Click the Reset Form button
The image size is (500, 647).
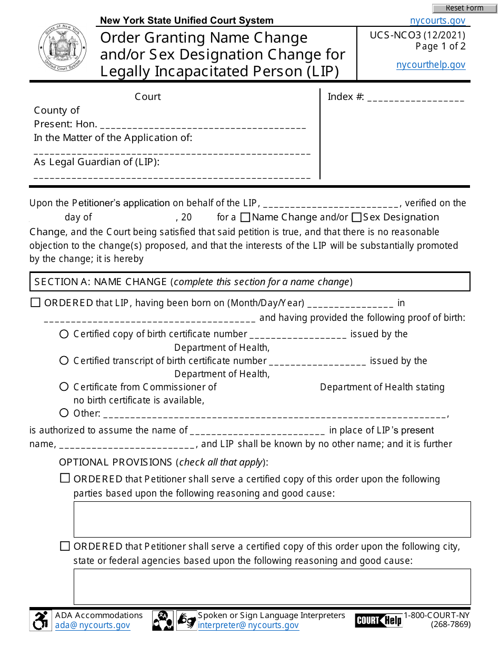pos(464,8)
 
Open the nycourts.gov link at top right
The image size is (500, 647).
pos(437,21)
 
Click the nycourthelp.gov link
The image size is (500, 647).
pos(431,65)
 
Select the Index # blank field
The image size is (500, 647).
pos(415,97)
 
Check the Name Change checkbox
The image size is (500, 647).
pos(245,217)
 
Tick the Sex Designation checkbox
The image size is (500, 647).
pos(356,217)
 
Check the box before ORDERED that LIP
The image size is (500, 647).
pos(36,303)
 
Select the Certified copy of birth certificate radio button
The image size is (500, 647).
pos(64,334)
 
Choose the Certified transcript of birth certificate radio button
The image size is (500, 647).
pos(64,361)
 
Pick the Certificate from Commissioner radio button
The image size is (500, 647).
pos(64,387)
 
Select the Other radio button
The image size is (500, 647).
pos(64,413)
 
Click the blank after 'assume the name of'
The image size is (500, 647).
pos(257,431)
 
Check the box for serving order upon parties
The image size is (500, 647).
pos(65,479)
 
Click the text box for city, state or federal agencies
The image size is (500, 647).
pos(272,587)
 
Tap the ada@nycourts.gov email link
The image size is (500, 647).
pos(93,625)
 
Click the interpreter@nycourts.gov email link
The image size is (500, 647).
pos(248,625)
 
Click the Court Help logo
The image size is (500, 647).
pos(378,621)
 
